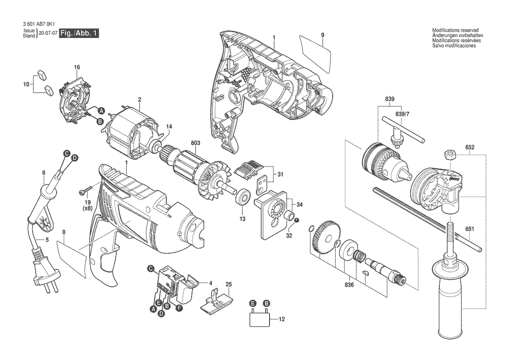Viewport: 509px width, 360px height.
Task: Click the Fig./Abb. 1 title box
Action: tap(79, 33)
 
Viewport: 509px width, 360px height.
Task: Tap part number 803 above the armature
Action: tap(196, 143)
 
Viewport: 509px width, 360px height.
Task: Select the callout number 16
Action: tap(77, 67)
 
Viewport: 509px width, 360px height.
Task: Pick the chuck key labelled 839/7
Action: tap(402, 131)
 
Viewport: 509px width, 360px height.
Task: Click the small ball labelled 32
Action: tap(297, 220)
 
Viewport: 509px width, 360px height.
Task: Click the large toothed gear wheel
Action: tap(326, 238)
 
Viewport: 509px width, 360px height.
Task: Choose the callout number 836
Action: tap(349, 285)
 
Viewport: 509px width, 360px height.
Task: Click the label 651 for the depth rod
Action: tap(469, 229)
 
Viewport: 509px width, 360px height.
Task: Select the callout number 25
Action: tap(229, 284)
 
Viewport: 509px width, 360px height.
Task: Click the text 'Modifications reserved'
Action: tap(455, 30)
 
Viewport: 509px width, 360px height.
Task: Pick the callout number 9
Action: tap(322, 35)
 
